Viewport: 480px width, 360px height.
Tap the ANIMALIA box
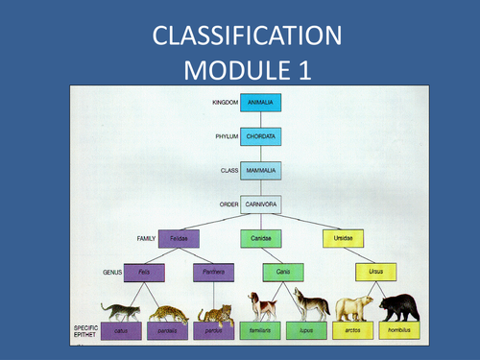pos(260,101)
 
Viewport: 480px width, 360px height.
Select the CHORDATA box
pos(260,136)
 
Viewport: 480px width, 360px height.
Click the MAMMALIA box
pos(260,170)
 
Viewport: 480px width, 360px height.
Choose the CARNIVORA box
pos(260,204)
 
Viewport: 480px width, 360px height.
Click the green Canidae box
pos(260,238)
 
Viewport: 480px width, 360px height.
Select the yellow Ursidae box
pos(343,238)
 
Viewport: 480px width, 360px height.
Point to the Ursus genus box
pos(376,273)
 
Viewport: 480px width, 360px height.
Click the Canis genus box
pos(283,273)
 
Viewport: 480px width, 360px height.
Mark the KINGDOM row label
pos(224,101)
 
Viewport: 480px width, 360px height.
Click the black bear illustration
pos(399,308)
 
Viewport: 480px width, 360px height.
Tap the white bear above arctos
pos(354,308)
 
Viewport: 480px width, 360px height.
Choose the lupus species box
pos(307,331)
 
